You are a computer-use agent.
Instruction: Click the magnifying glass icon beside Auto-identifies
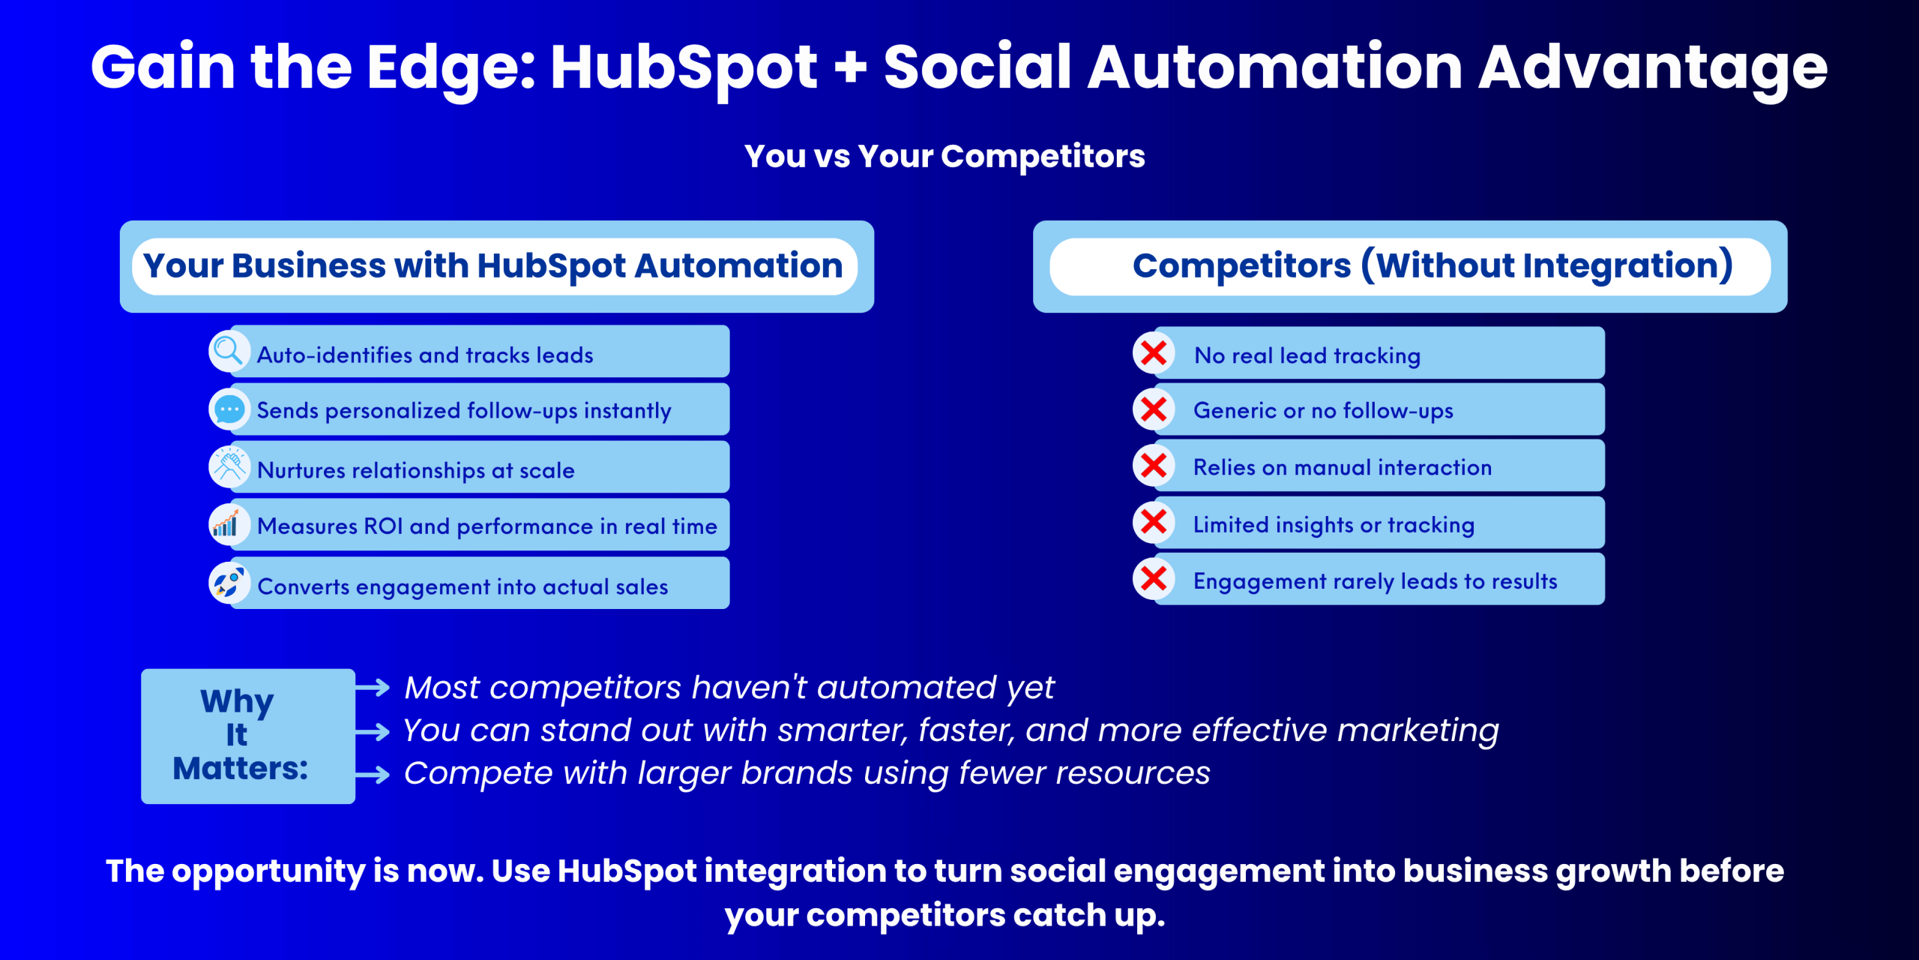click(x=229, y=351)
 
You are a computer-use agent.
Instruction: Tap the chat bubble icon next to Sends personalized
click(x=229, y=409)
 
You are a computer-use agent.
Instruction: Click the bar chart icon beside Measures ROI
click(x=226, y=523)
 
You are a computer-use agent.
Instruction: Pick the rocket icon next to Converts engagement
click(x=228, y=582)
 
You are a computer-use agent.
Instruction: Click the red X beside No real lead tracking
click(x=1154, y=352)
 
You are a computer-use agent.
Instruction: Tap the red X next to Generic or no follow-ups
click(x=1154, y=409)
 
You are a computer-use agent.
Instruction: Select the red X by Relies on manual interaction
click(x=1154, y=466)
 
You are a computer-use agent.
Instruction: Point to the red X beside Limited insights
click(x=1154, y=522)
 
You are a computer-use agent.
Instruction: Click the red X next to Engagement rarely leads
click(x=1154, y=578)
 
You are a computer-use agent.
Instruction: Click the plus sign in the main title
click(x=850, y=67)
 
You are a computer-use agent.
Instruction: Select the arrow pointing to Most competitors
click(x=373, y=687)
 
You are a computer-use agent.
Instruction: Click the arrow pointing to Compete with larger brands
click(x=373, y=774)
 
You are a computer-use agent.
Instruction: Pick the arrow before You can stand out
click(x=373, y=731)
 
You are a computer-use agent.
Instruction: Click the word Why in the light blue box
click(x=237, y=702)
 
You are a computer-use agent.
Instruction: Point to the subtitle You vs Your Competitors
click(x=945, y=157)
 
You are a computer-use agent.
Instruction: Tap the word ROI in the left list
click(x=383, y=526)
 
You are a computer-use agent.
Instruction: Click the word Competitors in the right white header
click(x=1241, y=265)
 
